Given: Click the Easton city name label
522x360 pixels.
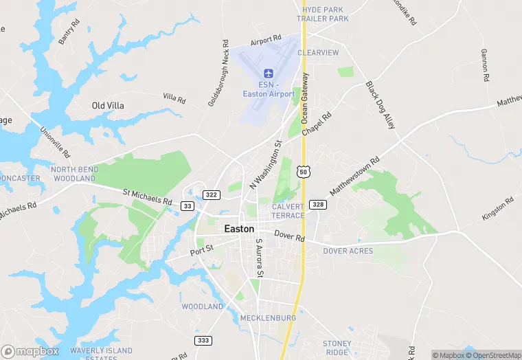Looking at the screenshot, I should (x=239, y=229).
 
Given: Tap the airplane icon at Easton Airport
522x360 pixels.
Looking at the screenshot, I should (x=268, y=74).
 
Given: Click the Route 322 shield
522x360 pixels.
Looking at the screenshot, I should (x=212, y=194).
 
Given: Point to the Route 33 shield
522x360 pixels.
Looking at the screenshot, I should (x=188, y=205).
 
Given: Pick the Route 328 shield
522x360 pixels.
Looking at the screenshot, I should (x=317, y=204).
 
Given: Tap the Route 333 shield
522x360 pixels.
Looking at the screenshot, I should (x=203, y=340).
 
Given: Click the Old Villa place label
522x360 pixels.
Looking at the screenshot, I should (x=109, y=106).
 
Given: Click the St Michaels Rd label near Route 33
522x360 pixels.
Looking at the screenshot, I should (x=148, y=198).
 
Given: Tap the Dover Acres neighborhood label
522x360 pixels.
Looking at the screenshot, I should (x=348, y=251).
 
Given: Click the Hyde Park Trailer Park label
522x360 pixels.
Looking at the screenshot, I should (x=323, y=14).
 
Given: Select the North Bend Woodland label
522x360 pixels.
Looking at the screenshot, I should (x=73, y=174).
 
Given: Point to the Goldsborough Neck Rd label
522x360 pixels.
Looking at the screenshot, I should (x=218, y=73).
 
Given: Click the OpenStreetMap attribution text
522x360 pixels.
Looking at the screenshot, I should (x=493, y=355).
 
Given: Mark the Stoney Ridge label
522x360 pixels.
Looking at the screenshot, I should (x=337, y=348).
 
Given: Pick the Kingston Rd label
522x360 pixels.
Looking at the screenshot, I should (x=498, y=209).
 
